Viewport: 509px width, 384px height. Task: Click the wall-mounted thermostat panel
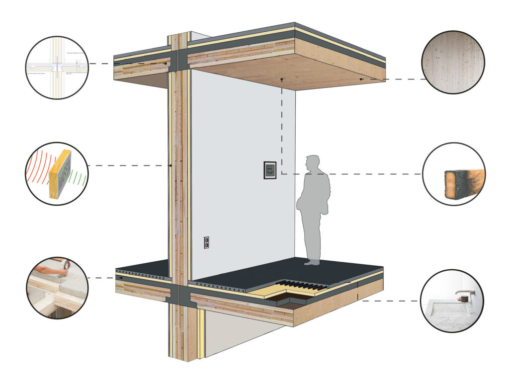(270, 170)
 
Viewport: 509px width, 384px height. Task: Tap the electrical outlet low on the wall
(206, 242)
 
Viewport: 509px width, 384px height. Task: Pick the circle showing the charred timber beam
(453, 174)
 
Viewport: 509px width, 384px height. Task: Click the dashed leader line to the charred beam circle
(348, 174)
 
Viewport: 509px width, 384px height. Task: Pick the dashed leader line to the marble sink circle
(393, 301)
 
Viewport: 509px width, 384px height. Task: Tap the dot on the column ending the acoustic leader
(170, 165)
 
